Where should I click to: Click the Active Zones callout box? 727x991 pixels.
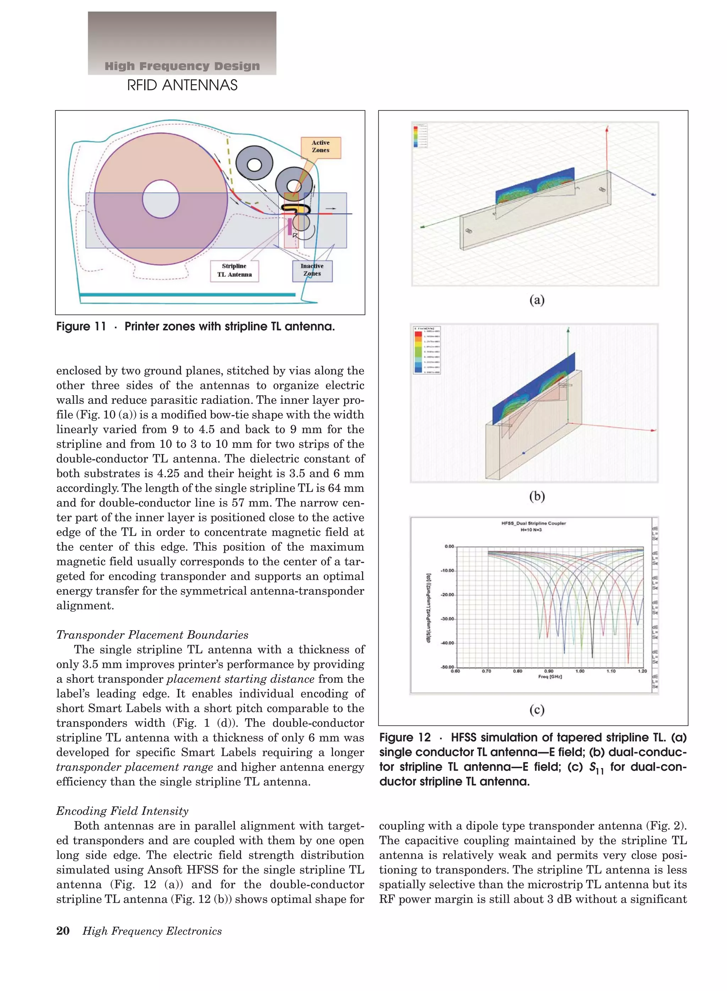pos(321,147)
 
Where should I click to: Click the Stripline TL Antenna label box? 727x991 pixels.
pos(234,270)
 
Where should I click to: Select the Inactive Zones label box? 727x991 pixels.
pos(312,270)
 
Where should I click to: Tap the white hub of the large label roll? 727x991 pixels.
pos(160,199)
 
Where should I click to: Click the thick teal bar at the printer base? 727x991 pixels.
pos(187,294)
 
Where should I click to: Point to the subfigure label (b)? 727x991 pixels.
pos(536,496)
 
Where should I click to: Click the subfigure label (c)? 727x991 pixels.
pos(536,710)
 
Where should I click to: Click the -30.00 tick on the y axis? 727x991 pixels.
pos(447,619)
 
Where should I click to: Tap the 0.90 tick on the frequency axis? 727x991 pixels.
pos(549,671)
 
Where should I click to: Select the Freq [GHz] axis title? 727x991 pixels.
pos(550,677)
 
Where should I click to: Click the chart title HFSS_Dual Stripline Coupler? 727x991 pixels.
pos(534,523)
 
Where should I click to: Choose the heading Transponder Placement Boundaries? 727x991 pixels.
pos(152,635)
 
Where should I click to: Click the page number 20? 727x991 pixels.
pos(62,931)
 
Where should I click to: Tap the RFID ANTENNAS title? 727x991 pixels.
pos(182,85)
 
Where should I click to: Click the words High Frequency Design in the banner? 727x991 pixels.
pos(182,66)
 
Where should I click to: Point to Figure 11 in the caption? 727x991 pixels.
pos(81,326)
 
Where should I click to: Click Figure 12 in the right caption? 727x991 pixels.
pos(405,738)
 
